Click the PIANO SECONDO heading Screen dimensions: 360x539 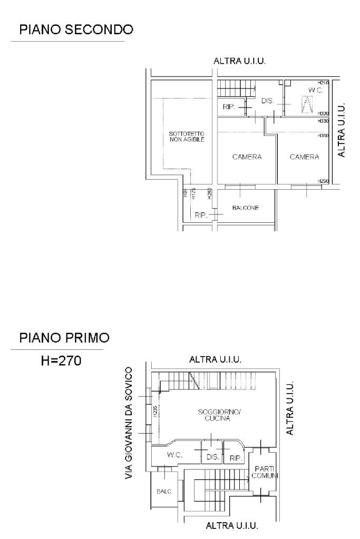[76, 30]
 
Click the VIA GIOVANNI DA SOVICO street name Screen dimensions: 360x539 [130, 424]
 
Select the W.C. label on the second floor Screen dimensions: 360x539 [315, 91]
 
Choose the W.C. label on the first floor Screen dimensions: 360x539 [174, 454]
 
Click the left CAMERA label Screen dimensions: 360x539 [247, 157]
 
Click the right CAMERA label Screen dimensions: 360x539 [304, 157]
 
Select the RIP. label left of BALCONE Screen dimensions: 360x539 [201, 215]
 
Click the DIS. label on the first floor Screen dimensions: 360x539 [212, 457]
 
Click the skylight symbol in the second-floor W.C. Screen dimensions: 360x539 [306, 105]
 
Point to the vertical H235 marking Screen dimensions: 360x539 [154, 413]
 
